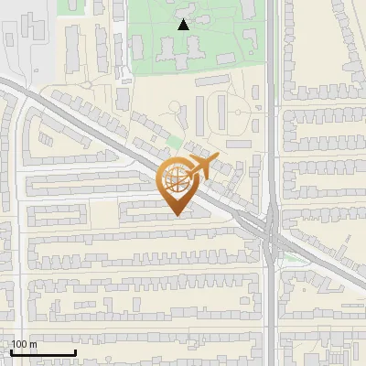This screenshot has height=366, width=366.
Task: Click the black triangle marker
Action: coord(184,25)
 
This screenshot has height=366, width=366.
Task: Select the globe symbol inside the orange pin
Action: coord(175,180)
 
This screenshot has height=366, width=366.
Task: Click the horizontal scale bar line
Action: coord(42,352)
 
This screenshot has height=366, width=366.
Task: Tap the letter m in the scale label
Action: coord(34,344)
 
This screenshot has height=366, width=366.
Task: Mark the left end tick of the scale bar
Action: coord(10,351)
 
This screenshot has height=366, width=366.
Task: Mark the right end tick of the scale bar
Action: coord(75,351)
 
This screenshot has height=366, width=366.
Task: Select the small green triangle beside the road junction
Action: coord(291,258)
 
